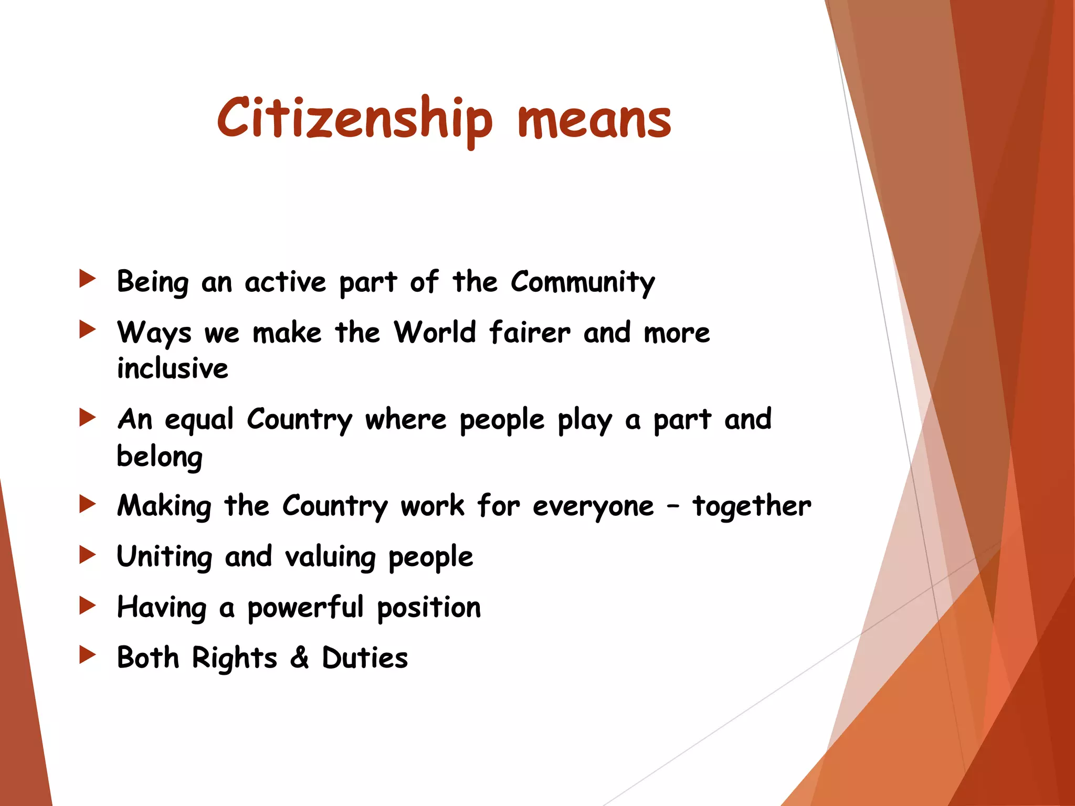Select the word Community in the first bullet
[583, 282]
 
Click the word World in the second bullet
[435, 333]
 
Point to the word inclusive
[173, 368]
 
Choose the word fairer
[529, 333]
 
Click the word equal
[199, 420]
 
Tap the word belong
[160, 457]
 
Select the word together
[752, 506]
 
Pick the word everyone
[593, 507]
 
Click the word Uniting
[164, 557]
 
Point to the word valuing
[330, 557]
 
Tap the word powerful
[305, 608]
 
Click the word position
[429, 608]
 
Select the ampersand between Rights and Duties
[299, 657]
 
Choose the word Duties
[365, 657]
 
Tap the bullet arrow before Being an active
[87, 279]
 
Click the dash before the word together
[673, 507]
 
